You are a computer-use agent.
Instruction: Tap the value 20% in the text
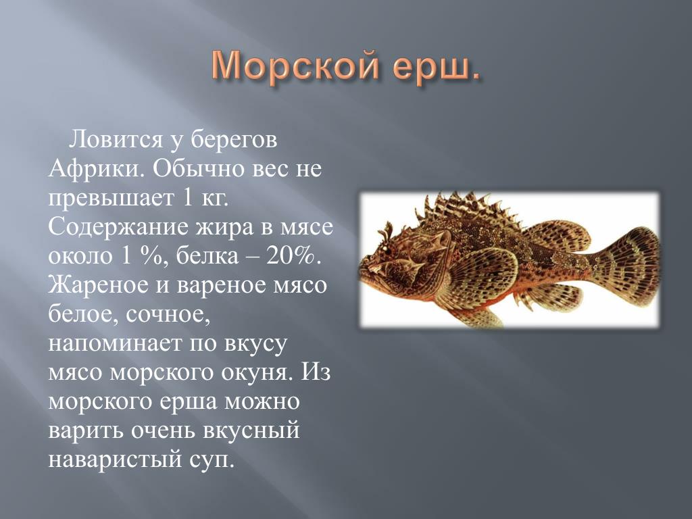291,256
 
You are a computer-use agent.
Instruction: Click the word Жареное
98,285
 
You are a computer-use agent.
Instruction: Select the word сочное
168,315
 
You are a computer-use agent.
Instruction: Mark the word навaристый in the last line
115,460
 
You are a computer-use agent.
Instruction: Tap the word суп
211,460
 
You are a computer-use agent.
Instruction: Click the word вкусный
251,431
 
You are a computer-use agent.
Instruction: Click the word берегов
234,141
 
